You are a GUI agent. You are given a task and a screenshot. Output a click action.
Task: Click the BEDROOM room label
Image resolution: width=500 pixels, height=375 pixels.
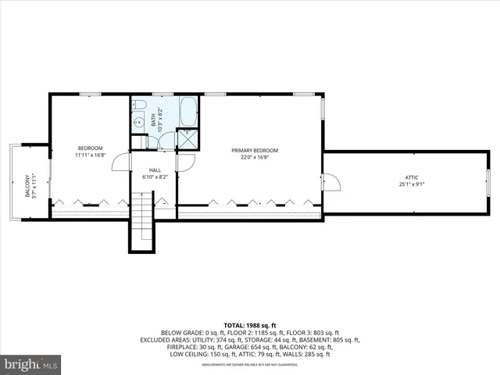pyautogui.click(x=91, y=148)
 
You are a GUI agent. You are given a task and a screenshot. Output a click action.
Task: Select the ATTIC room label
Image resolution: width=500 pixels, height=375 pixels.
pyautogui.click(x=411, y=177)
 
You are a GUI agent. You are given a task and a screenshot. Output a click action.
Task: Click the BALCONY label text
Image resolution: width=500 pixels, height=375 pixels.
pyautogui.click(x=27, y=185)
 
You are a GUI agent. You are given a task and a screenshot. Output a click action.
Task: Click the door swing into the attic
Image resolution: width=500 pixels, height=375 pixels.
pyautogui.click(x=331, y=182)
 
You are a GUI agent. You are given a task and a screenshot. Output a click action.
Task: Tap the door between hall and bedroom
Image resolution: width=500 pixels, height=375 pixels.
pyautogui.click(x=121, y=162)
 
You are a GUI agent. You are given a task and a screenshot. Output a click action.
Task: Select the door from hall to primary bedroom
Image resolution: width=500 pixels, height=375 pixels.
pyautogui.click(x=186, y=162)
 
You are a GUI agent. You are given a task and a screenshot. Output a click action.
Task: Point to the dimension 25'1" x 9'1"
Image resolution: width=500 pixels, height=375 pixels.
pyautogui.click(x=411, y=184)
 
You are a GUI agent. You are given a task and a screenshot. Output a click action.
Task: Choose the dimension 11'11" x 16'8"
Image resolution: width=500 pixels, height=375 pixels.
pyautogui.click(x=91, y=155)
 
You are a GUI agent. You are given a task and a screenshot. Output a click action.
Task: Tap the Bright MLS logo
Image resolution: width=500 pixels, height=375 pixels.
pyautogui.click(x=31, y=363)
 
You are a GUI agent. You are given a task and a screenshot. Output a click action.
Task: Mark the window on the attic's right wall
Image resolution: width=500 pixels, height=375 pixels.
pyautogui.click(x=488, y=182)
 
